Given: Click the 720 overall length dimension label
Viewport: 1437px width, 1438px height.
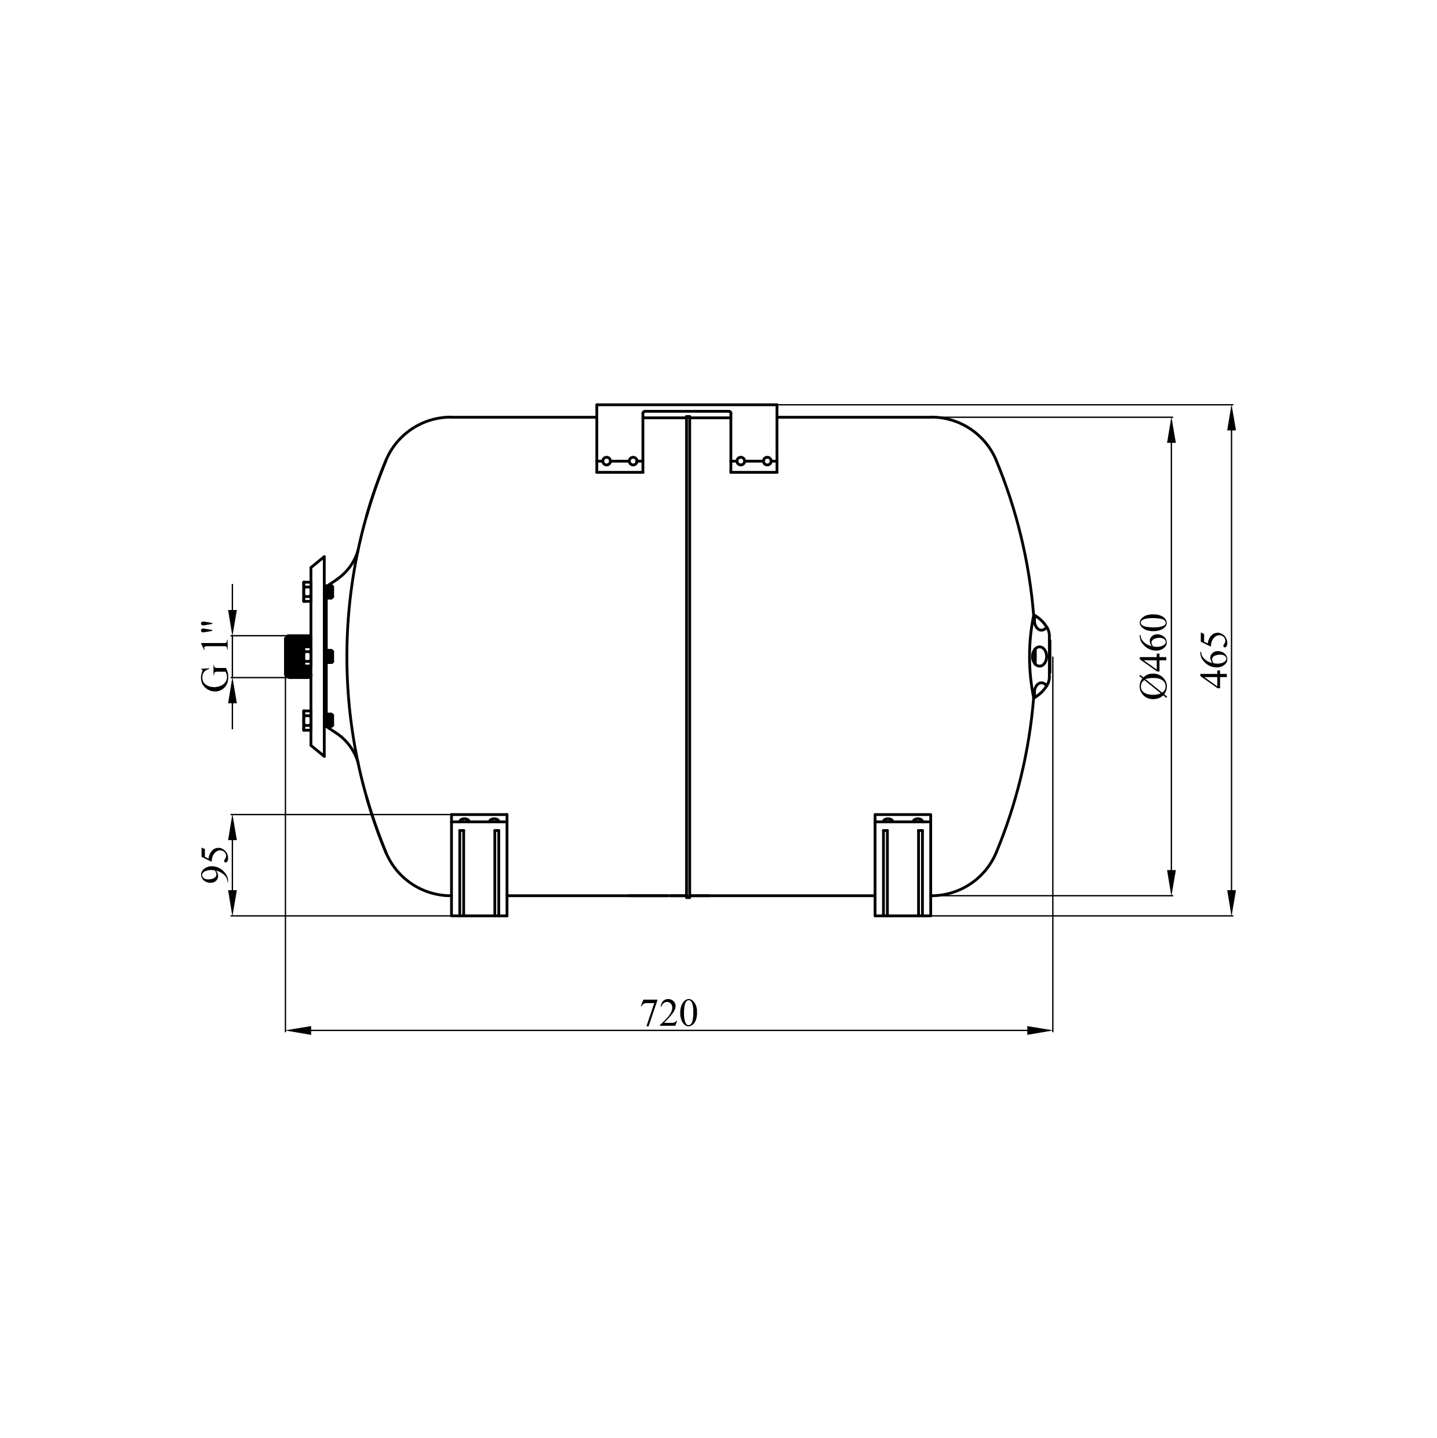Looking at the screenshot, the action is tap(669, 1012).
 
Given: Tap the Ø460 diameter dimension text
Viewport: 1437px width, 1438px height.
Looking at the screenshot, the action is tap(1154, 656).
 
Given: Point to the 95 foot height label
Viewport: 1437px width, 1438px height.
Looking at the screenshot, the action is tap(216, 864).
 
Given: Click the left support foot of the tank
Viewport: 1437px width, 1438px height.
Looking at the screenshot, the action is tap(479, 865).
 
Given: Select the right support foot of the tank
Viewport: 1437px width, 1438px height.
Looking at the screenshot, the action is tap(903, 865).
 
